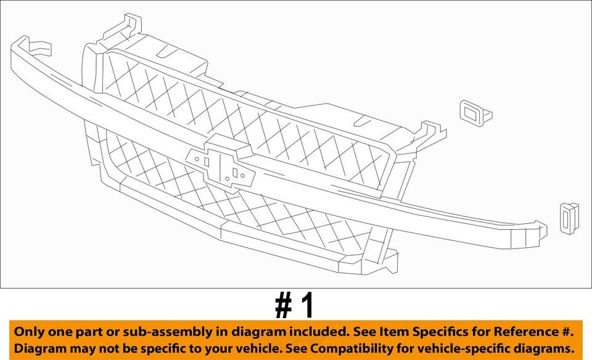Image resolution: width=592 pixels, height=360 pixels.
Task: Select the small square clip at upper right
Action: click(474, 113)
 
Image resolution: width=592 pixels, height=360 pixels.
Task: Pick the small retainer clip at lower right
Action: click(569, 218)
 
